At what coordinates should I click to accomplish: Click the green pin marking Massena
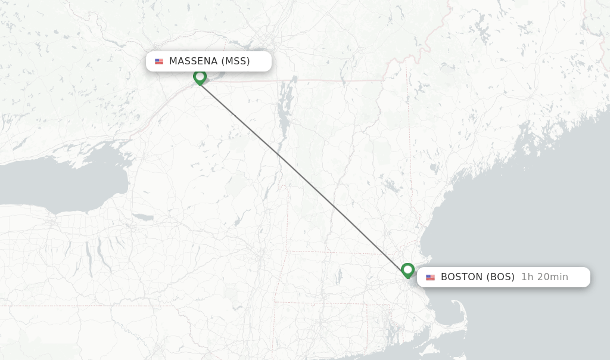click(200, 77)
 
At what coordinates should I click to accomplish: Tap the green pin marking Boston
click(407, 270)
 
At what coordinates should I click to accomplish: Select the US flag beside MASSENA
click(159, 61)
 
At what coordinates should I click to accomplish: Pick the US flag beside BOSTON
click(430, 277)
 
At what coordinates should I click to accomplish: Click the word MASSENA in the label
click(193, 61)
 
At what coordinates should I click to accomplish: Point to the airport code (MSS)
click(235, 61)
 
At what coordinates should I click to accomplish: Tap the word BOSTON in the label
click(462, 277)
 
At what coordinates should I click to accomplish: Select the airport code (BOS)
click(500, 277)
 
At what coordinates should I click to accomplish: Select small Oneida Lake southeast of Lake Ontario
click(143, 218)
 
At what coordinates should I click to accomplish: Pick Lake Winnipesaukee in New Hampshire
click(390, 186)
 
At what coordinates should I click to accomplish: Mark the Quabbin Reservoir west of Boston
click(339, 276)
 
